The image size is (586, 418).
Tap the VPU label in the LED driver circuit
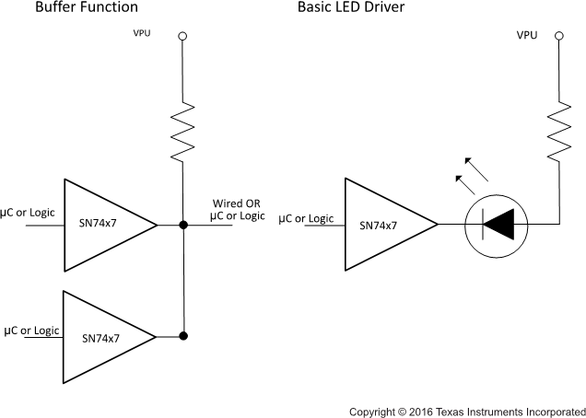point(527,36)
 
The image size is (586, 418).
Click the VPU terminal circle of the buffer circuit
point(182,36)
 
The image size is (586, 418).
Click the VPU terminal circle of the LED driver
point(558,36)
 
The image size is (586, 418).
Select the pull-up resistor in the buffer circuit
point(183,132)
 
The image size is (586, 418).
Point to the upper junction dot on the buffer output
point(183,224)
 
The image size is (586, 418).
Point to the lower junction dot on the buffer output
point(183,336)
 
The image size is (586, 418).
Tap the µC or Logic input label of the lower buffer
point(32,330)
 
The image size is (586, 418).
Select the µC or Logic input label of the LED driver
point(306,218)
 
